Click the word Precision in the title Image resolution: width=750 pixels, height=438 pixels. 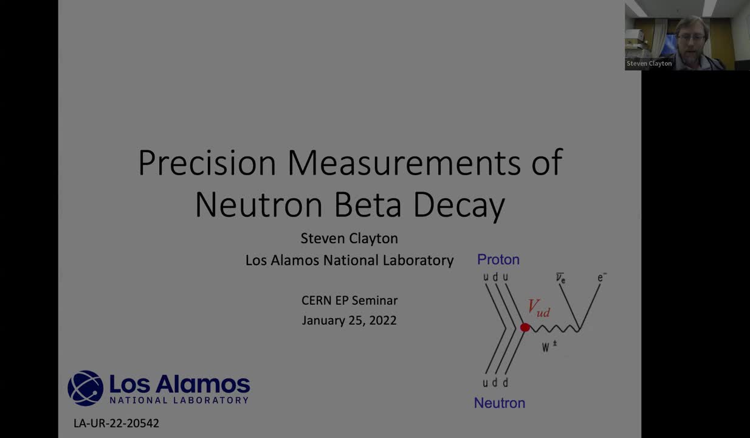(207, 163)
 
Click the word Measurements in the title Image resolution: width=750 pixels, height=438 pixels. (404, 163)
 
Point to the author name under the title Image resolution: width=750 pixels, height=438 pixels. (349, 238)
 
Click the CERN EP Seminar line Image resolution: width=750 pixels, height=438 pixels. (349, 300)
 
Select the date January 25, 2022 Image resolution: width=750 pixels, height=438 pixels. (349, 320)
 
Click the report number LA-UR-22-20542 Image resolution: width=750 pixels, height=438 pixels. (116, 423)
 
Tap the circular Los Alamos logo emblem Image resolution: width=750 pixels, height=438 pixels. (85, 388)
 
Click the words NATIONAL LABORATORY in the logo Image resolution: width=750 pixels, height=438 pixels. (179, 400)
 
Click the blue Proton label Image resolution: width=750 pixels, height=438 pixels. (498, 260)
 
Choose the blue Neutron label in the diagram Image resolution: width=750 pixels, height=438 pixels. (500, 403)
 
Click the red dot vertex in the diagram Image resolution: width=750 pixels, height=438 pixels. (525, 328)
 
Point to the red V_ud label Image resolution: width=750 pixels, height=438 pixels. (538, 308)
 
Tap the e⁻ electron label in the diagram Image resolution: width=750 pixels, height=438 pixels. (602, 278)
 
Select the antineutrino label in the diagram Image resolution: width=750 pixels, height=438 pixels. (560, 278)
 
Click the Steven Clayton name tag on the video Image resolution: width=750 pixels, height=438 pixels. (649, 63)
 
